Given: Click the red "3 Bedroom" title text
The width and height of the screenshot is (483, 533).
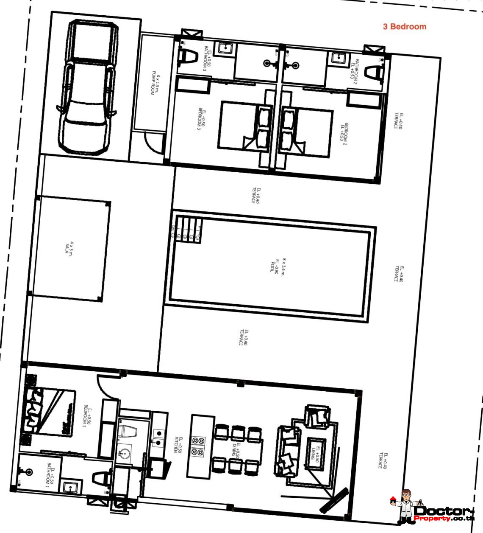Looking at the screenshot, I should [x=405, y=27].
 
